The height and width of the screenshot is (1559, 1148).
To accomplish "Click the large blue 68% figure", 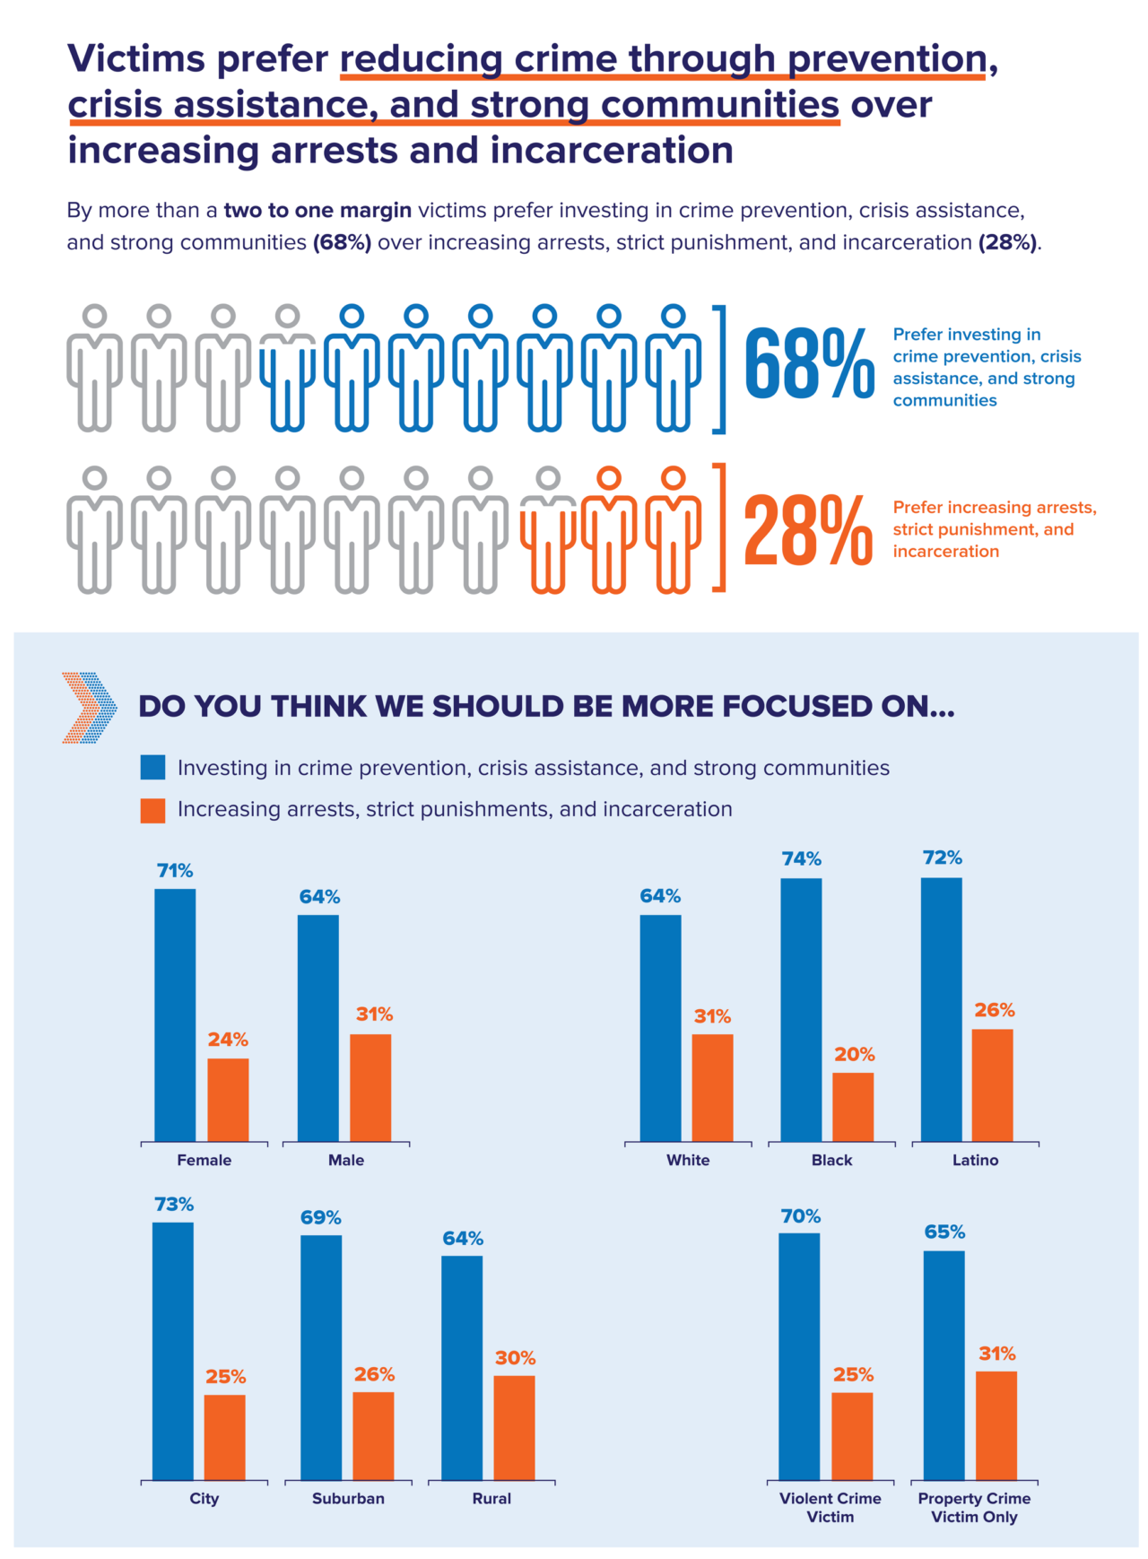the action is coord(809,363).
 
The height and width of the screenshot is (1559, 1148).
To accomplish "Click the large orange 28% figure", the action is coord(808,531).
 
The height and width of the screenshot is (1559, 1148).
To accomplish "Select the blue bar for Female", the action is coord(175,1015).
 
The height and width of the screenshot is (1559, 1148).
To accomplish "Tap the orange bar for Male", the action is coord(370,1087).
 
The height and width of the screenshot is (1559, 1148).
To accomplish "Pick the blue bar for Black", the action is coord(801,1009).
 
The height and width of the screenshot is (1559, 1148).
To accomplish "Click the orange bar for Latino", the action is coord(993,1084).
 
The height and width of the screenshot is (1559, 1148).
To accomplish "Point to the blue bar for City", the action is coord(173,1351).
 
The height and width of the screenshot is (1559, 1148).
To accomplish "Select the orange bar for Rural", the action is coord(514,1427).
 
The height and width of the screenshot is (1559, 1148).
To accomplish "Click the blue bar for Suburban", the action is coord(321,1357).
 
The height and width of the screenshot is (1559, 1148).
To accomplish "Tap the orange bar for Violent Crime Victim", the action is coord(852,1436).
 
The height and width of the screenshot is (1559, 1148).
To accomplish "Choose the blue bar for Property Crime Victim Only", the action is coord(944,1365).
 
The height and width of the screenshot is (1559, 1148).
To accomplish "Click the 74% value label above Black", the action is coord(801,858).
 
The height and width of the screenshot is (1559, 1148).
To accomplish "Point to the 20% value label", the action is coord(854,1054).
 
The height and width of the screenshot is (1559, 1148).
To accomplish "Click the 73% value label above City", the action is coord(173,1204).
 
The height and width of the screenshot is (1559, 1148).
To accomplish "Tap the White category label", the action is coord(688,1160).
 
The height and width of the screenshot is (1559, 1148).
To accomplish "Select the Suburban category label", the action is coord(348,1498).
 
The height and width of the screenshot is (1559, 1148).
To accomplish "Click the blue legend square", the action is coord(153,767).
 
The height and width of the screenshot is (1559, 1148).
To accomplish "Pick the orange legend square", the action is coord(153,810).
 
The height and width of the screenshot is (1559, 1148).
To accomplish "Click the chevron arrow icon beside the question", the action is coord(90,708).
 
